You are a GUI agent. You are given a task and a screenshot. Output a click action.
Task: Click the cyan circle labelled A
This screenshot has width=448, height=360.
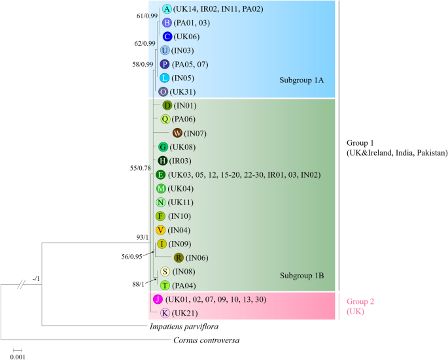tap(167, 9)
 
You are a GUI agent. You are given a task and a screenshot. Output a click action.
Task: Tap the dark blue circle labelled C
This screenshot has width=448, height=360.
tap(167, 37)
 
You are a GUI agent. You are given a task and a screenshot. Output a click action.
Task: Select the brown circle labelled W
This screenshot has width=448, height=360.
tap(177, 133)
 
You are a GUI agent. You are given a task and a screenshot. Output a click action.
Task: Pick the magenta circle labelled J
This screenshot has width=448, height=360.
tap(157, 299)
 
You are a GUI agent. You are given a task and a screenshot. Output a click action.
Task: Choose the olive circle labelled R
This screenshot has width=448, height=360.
tap(178, 257)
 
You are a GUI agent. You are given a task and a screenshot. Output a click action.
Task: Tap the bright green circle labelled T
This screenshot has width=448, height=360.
tap(165, 285)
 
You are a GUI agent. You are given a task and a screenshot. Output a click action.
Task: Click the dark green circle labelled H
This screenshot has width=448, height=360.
tap(163, 161)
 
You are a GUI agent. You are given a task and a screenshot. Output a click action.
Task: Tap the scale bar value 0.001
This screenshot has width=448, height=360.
tap(18, 356)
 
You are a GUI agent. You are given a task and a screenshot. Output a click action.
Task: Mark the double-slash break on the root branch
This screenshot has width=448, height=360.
tap(22, 285)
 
